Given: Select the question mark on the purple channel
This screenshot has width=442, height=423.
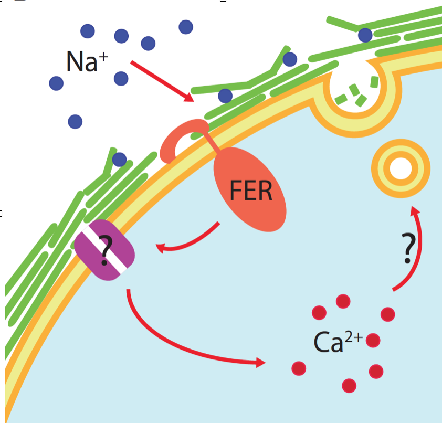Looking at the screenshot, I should pos(104,250).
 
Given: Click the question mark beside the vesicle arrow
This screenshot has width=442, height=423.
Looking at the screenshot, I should pos(408,249).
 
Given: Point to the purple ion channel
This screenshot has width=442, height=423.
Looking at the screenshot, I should pos(104,251).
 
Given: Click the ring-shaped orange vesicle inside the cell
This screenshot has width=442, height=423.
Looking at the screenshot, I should pos(401,169).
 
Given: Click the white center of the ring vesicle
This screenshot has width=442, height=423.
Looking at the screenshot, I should pos(401,169).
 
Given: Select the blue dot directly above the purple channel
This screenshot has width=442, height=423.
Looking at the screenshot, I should pos(119,160).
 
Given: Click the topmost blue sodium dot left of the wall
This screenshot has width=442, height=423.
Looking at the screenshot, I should pos(186,26).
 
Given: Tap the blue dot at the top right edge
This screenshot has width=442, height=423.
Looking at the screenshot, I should pos(365,35).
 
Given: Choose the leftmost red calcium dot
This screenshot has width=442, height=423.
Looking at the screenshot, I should pos(299,368).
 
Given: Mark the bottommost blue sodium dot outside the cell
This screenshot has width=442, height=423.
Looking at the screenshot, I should pos(76,122).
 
